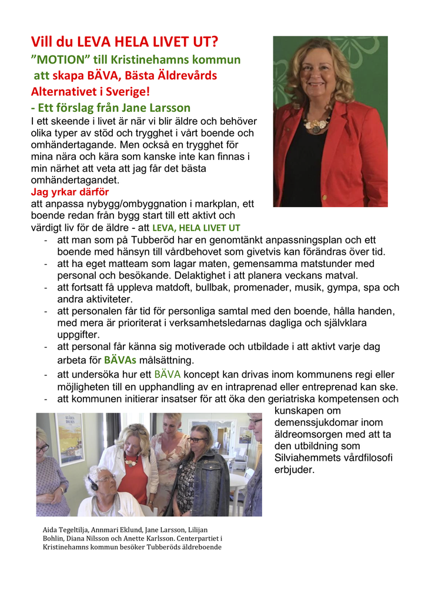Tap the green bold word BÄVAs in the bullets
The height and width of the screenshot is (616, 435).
point(120,360)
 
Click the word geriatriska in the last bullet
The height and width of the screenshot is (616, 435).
point(279,399)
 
